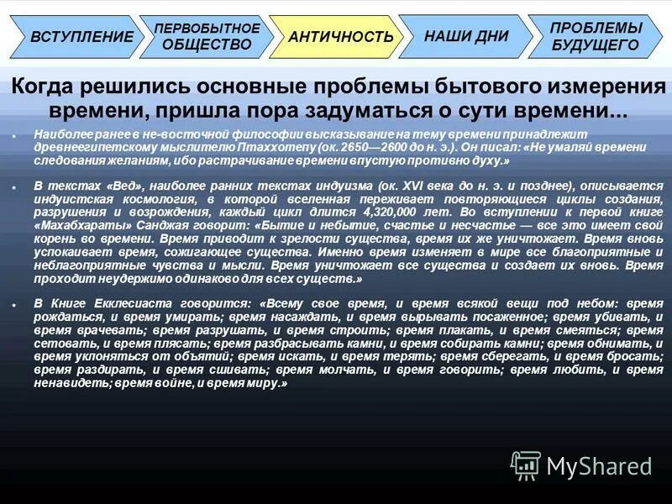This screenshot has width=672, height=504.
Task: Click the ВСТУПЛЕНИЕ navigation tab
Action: tap(80, 37)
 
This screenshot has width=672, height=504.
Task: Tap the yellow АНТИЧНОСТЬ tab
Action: tap(340, 37)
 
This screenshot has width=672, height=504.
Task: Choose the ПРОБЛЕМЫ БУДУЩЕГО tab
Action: tap(595, 36)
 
